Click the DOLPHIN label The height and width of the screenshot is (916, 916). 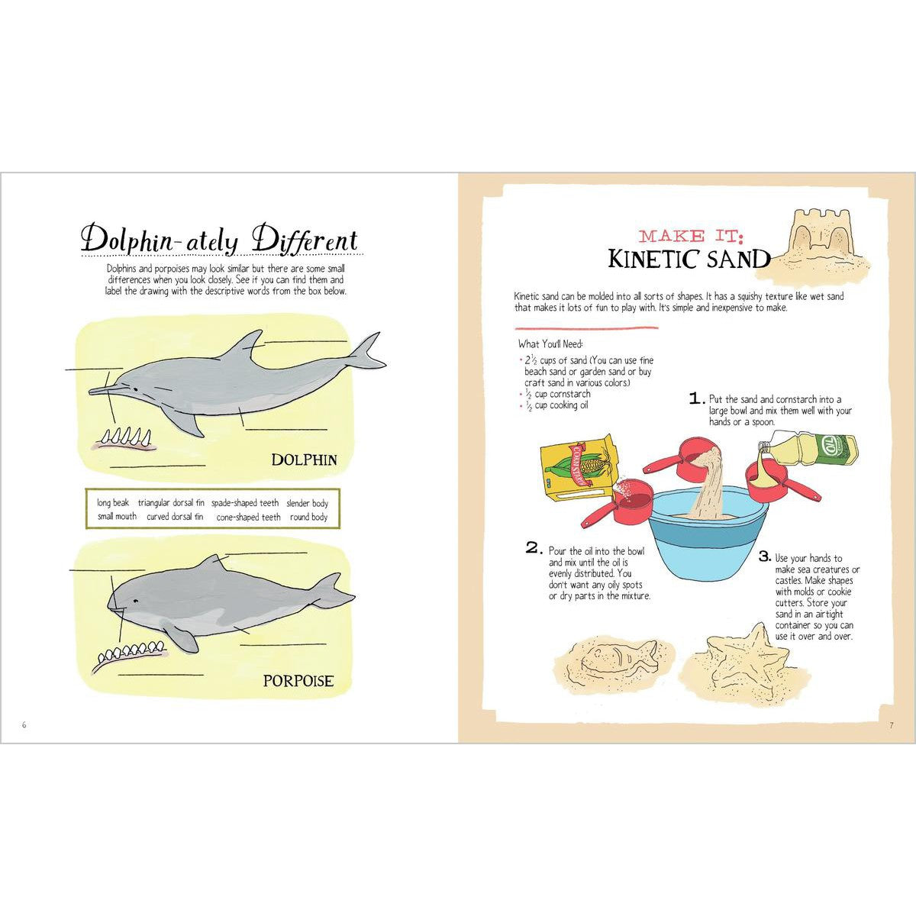click(x=304, y=460)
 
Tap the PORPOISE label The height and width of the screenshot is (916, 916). click(x=298, y=680)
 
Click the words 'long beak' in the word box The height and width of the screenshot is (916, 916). click(x=113, y=503)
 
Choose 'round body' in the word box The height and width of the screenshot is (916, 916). click(x=308, y=517)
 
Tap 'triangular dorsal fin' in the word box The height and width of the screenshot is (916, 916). click(x=171, y=503)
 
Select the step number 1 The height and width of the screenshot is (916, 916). click(x=695, y=398)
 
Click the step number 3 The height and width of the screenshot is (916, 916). click(x=764, y=557)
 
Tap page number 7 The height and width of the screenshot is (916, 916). click(x=890, y=724)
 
